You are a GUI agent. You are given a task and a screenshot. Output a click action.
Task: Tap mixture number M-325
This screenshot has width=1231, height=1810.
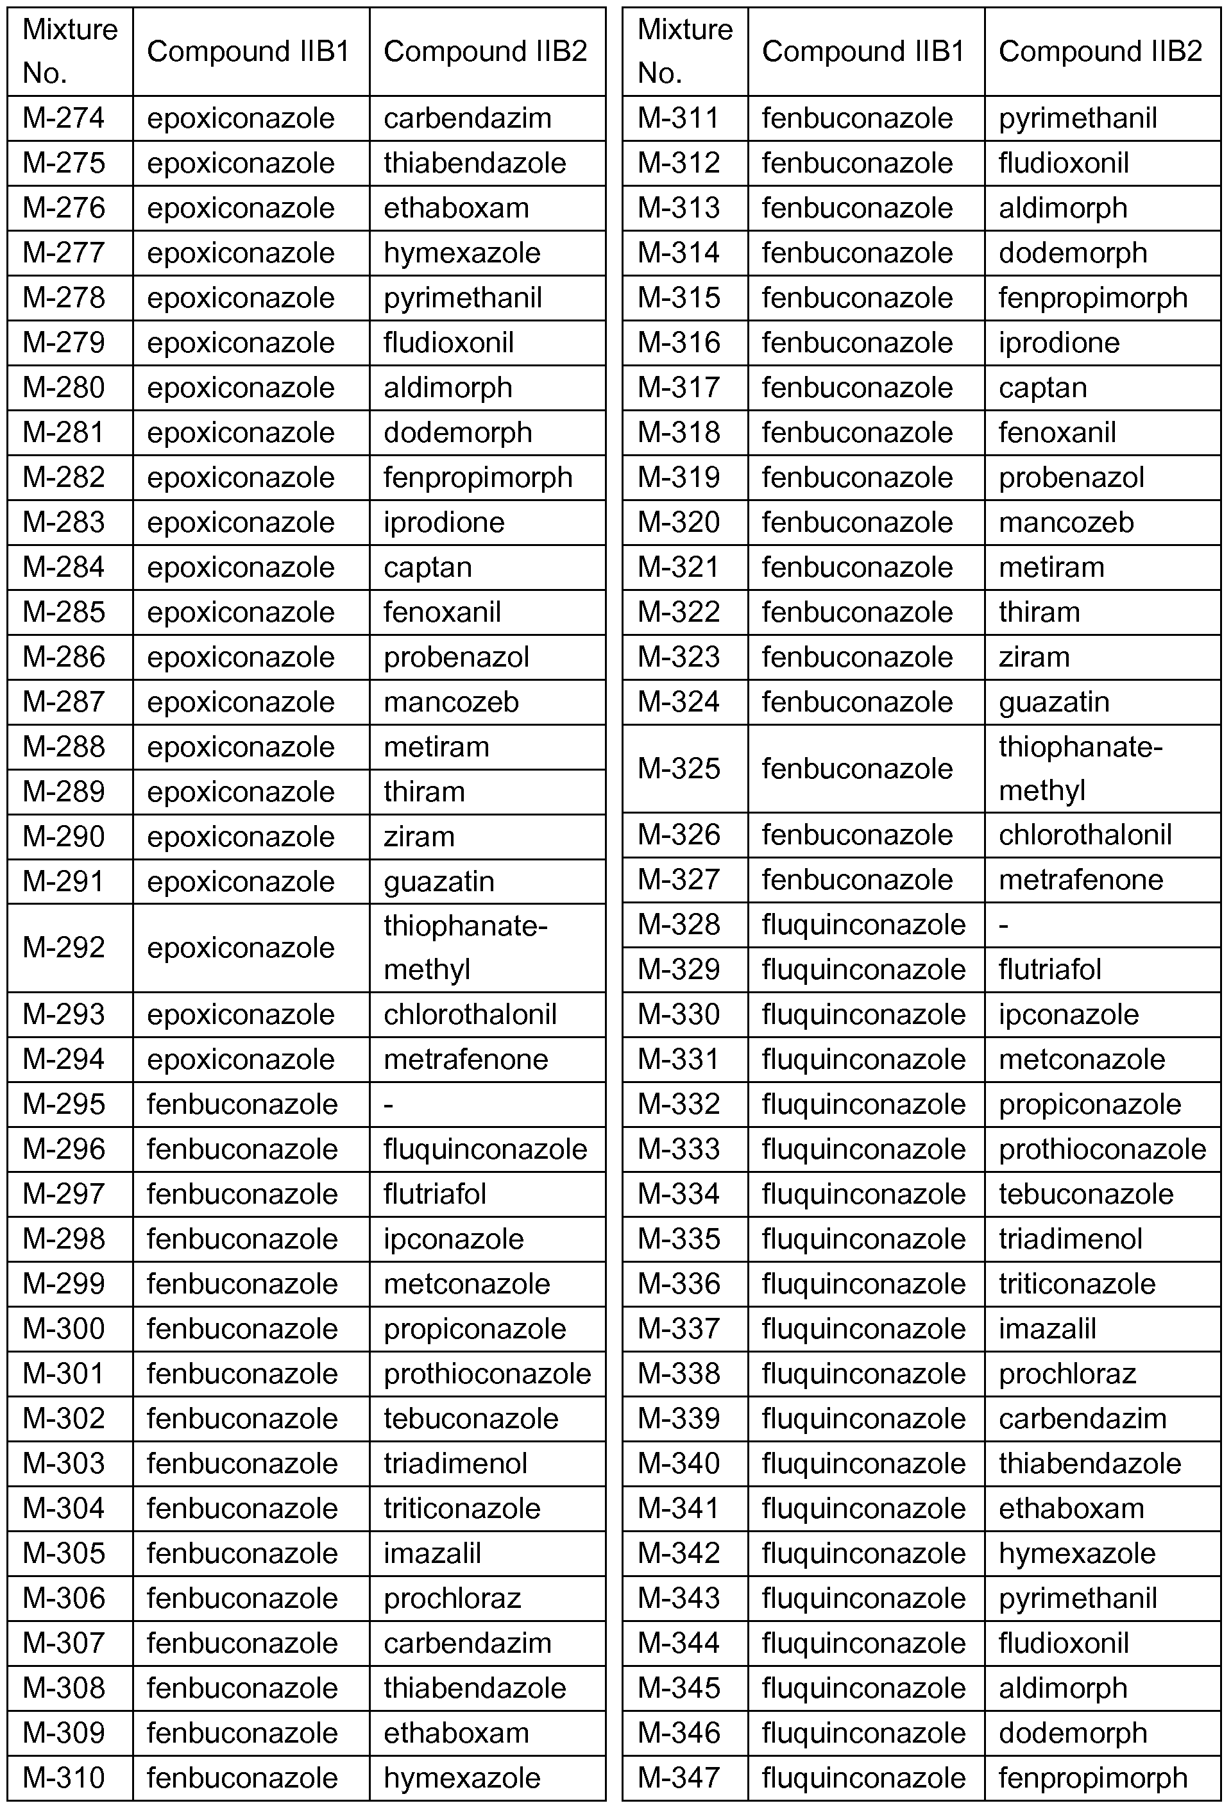pyautogui.click(x=678, y=769)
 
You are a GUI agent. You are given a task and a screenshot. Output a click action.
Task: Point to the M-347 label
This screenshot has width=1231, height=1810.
pyautogui.click(x=678, y=1778)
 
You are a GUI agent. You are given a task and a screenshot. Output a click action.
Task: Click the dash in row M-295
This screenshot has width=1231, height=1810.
pyautogui.click(x=389, y=1104)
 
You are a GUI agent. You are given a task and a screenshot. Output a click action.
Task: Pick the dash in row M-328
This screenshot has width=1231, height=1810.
pyautogui.click(x=1004, y=925)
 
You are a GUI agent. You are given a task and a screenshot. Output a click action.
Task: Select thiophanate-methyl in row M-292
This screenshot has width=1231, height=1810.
pyautogui.click(x=466, y=947)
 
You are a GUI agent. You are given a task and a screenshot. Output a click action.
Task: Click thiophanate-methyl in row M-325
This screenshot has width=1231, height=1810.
pyautogui.click(x=1081, y=769)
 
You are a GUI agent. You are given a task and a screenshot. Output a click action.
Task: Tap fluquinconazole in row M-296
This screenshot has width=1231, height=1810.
pyautogui.click(x=485, y=1150)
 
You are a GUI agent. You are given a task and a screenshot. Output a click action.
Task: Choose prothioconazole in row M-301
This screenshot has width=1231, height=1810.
pyautogui.click(x=488, y=1374)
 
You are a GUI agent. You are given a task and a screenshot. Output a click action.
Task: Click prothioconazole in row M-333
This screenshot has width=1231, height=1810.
pyautogui.click(x=1103, y=1150)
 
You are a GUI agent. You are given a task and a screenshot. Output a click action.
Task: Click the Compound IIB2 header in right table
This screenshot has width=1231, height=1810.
pyautogui.click(x=1100, y=51)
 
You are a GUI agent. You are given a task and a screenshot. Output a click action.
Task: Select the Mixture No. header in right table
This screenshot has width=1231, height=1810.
pyautogui.click(x=684, y=51)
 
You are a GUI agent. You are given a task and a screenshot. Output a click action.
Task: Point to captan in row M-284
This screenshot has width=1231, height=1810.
pyautogui.click(x=427, y=567)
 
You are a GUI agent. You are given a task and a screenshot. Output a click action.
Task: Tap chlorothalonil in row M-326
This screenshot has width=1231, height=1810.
pyautogui.click(x=1085, y=835)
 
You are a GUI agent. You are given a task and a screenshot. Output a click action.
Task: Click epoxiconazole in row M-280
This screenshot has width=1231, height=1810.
pyautogui.click(x=241, y=388)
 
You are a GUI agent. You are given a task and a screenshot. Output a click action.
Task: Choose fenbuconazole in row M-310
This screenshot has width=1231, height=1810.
pyautogui.click(x=242, y=1778)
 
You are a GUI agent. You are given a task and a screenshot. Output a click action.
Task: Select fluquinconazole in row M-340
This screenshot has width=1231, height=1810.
pyautogui.click(x=863, y=1464)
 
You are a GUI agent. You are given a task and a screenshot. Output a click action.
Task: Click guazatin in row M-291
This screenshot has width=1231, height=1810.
pyautogui.click(x=439, y=882)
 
